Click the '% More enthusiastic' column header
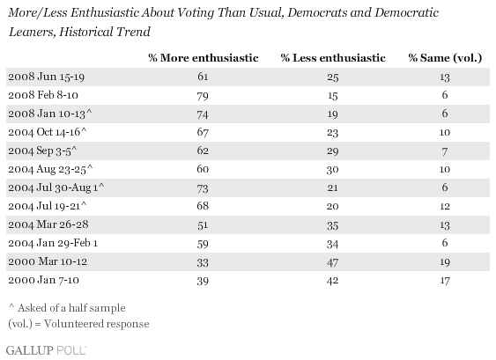pos(204,58)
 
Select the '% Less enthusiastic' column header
pos(333,58)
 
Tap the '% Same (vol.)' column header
pos(445,58)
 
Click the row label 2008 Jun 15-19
pos(46,77)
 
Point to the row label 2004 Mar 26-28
pos(48,224)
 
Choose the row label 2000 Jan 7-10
pos(44,281)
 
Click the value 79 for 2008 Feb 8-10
pos(203,95)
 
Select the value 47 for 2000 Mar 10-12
pos(332,262)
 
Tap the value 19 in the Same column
pos(445,262)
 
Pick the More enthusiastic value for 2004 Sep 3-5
pos(203,151)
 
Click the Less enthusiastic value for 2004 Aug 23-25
pos(332,169)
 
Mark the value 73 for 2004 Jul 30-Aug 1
pos(203,188)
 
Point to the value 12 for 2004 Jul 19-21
pos(445,206)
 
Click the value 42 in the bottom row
pos(332,281)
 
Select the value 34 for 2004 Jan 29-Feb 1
pos(332,244)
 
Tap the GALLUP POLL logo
pos(46,350)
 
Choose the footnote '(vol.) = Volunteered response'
pos(78,324)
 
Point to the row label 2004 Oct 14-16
pos(47,132)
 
